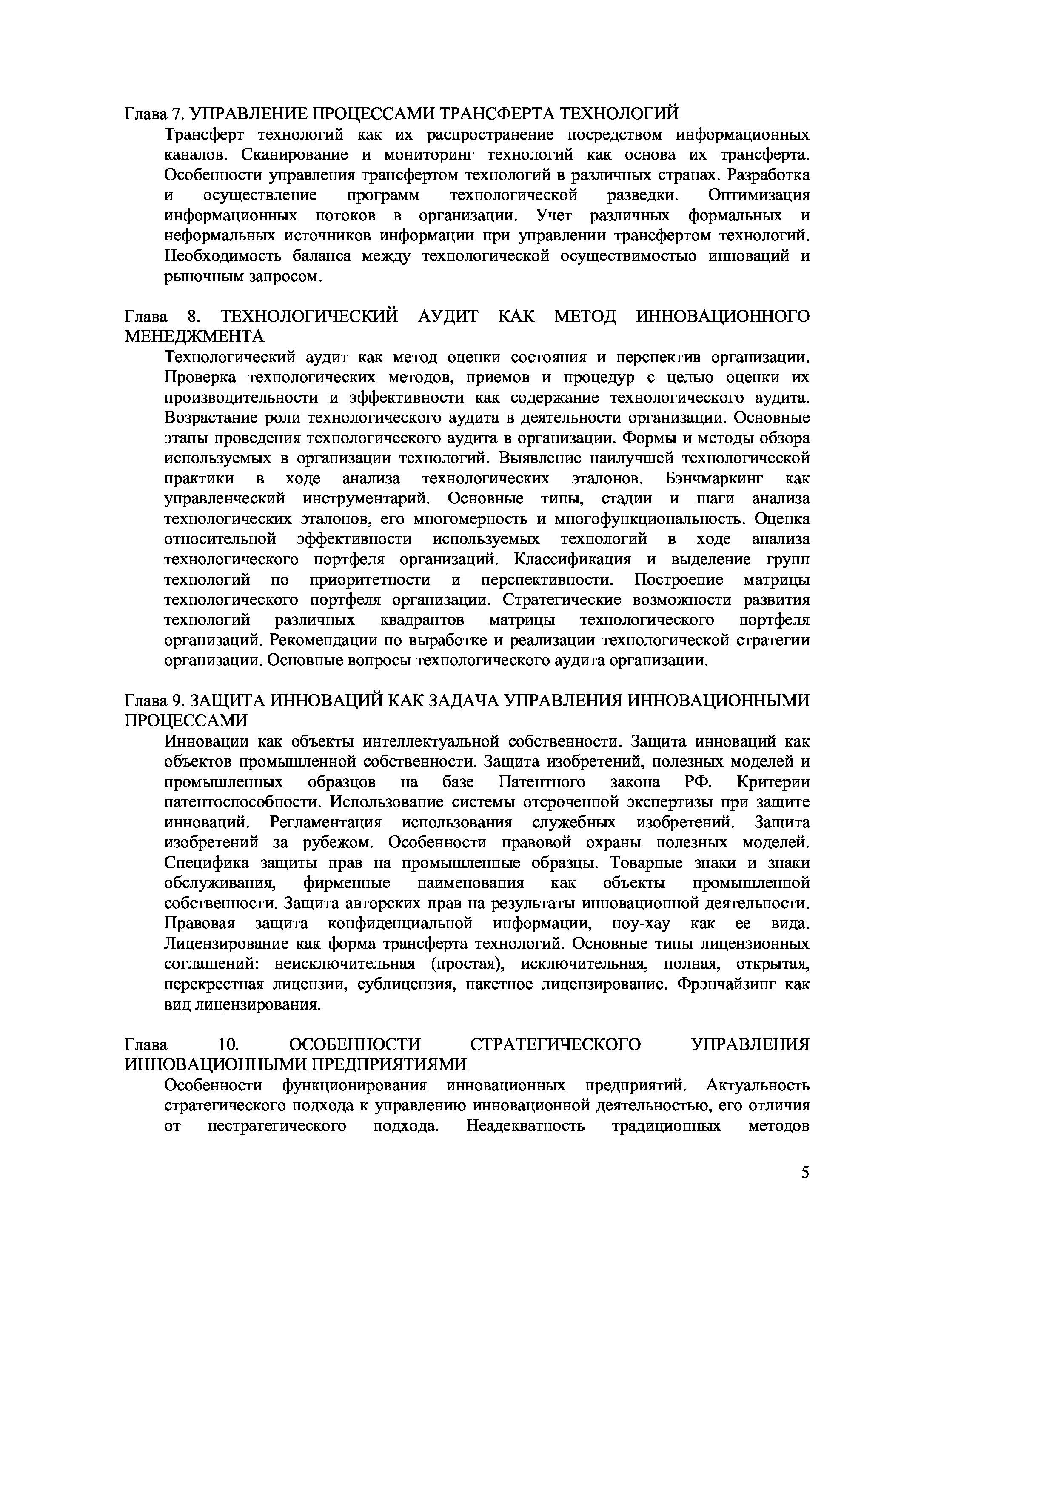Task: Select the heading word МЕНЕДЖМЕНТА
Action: pos(194,337)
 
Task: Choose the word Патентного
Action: pos(542,782)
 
